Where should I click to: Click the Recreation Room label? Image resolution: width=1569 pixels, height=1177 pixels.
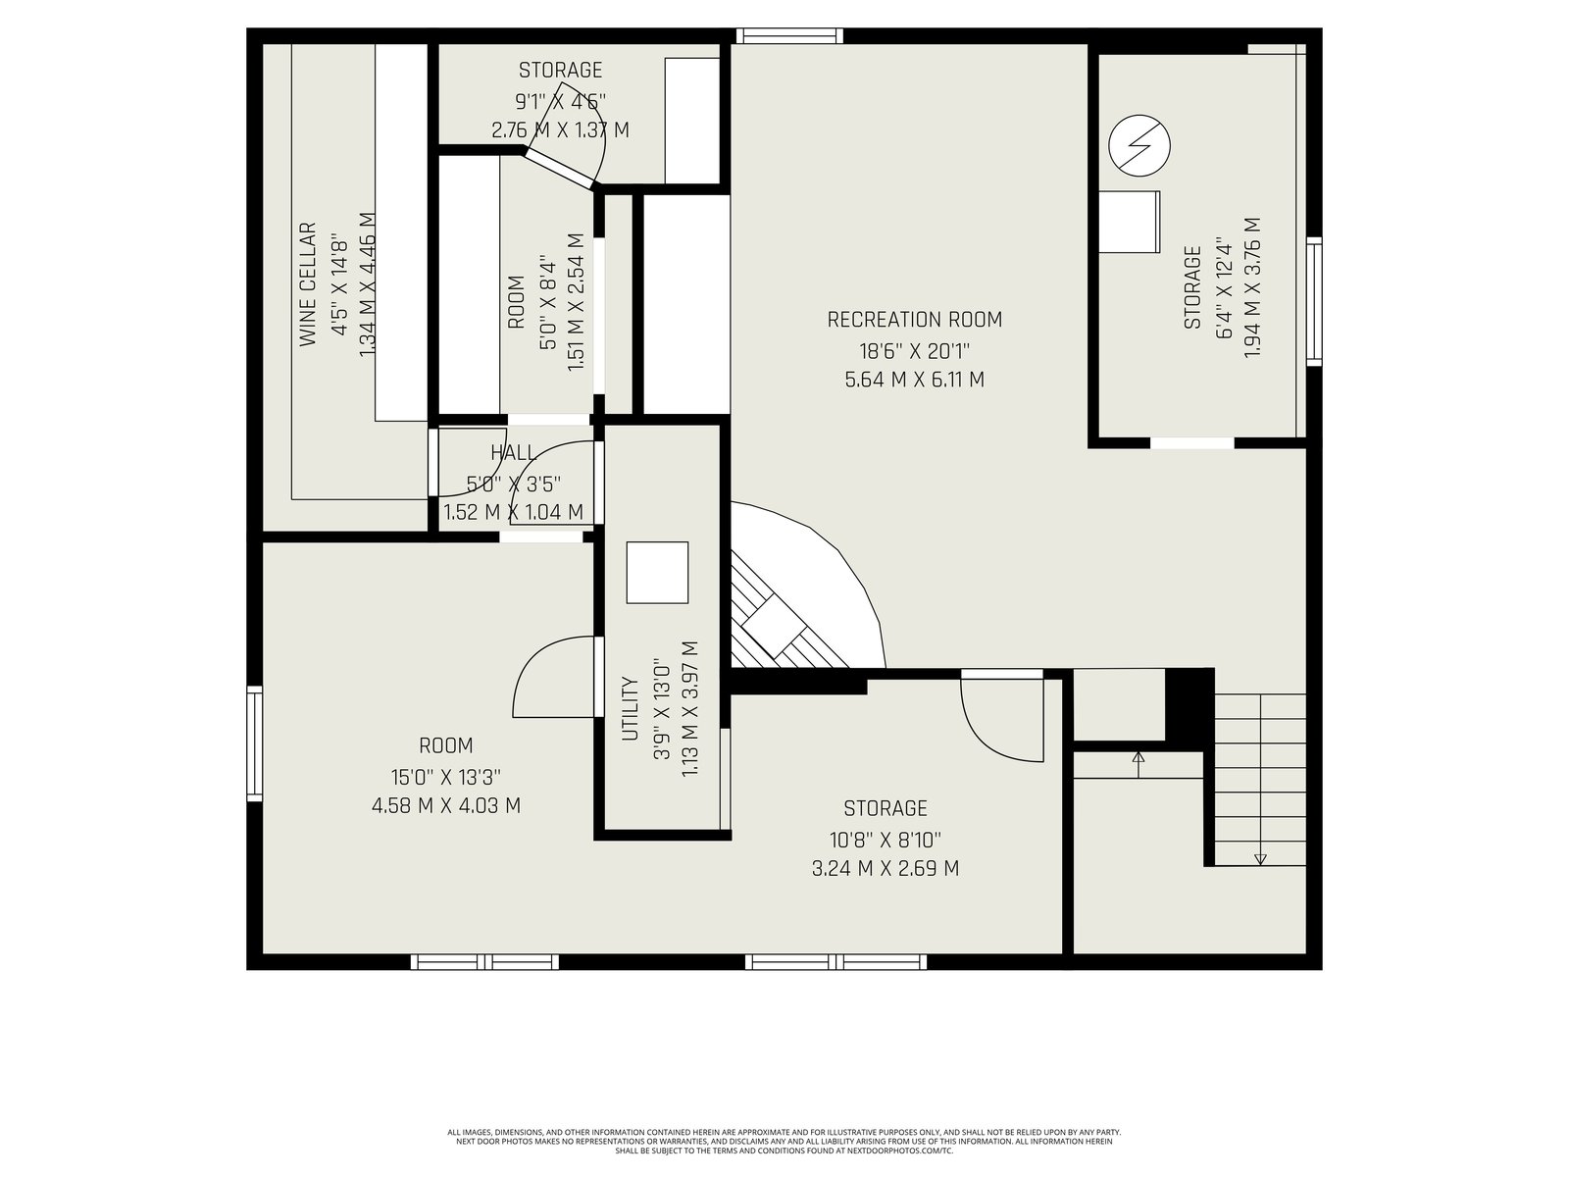[914, 320]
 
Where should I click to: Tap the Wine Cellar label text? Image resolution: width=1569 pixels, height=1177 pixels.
[307, 284]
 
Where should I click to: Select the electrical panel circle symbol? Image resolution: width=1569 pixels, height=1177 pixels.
[1139, 146]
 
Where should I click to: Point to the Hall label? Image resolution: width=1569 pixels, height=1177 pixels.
[513, 452]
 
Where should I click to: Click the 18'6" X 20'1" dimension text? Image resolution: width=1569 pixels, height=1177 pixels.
[914, 351]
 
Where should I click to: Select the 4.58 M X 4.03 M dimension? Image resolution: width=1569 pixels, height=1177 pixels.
[446, 806]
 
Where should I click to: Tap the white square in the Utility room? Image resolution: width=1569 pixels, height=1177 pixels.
[657, 573]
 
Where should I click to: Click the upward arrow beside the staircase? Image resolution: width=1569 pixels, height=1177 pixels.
[1139, 765]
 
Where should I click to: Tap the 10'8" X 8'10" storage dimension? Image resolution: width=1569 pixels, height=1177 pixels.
[886, 839]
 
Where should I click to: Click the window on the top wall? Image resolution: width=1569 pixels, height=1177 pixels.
[789, 35]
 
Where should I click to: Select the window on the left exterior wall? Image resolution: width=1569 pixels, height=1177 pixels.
[254, 743]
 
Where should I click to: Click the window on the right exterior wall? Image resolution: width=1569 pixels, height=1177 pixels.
[1314, 301]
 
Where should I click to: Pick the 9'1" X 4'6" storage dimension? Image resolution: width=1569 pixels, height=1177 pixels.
[560, 101]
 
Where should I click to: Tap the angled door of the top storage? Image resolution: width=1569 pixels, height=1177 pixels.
[560, 170]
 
